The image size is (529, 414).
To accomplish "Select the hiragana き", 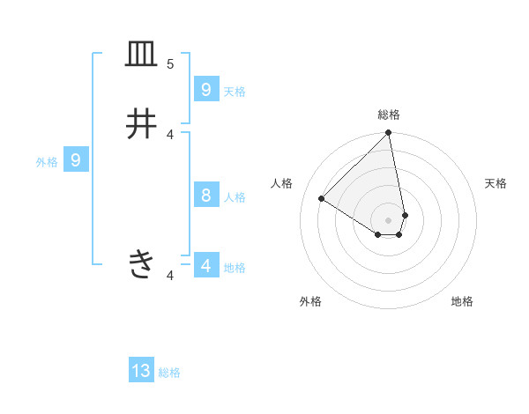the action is click(141, 262).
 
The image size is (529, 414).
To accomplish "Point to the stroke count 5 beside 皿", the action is click(170, 64).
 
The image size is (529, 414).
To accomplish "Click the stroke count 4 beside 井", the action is click(170, 134).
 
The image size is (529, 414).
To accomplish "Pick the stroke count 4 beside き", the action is click(170, 277).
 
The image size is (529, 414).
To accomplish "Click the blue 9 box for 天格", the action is click(205, 89).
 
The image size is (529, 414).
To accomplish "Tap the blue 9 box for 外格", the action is click(76, 160).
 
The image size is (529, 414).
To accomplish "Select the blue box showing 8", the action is click(205, 195).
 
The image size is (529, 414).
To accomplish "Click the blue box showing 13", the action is click(141, 371).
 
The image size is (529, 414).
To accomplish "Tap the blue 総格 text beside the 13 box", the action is click(169, 373).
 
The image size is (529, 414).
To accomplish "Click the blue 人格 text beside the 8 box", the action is click(235, 197).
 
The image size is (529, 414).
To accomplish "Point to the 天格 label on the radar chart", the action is click(495, 183).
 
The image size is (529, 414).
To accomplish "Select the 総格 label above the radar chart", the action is click(389, 115).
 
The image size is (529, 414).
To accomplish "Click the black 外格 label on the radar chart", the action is click(310, 301).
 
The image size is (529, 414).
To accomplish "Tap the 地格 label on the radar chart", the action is click(462, 301).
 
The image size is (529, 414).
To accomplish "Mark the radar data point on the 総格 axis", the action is click(389, 133).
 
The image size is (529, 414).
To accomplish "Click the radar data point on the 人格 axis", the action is click(321, 199).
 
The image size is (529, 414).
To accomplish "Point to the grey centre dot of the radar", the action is click(389, 219).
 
